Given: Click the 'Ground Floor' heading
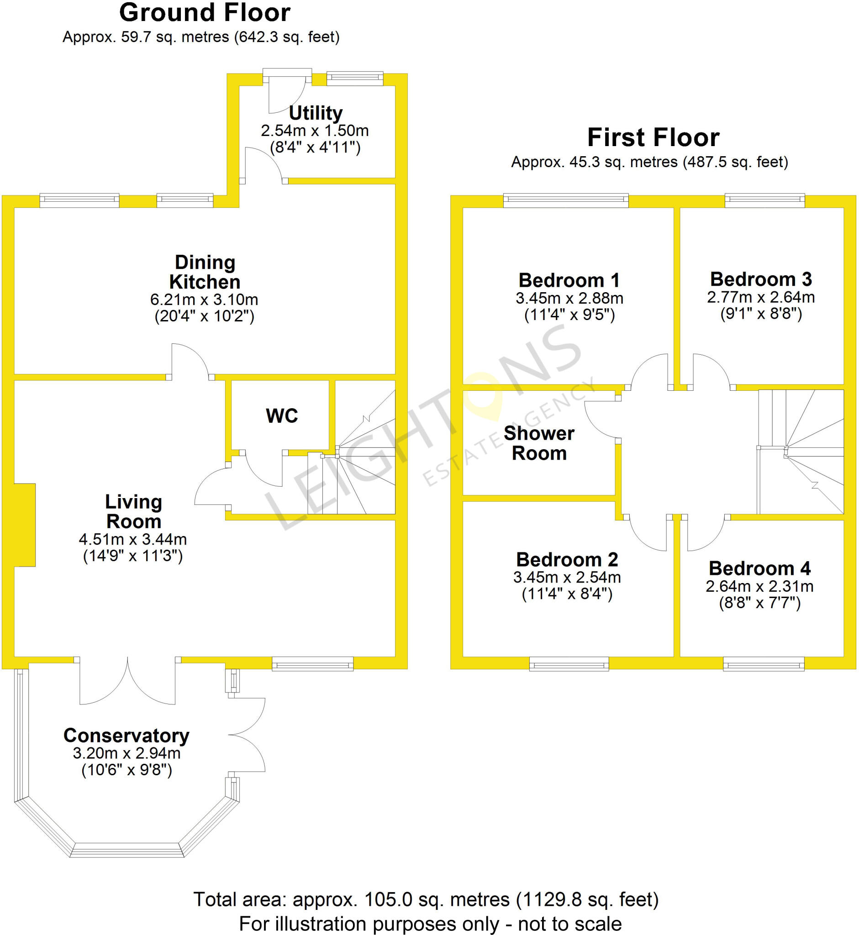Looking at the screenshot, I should (205, 13).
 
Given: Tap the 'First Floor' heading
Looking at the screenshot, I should (653, 137).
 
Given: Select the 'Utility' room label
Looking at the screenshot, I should (316, 113).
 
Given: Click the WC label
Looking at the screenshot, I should (282, 416).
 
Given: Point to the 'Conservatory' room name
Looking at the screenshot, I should (126, 735).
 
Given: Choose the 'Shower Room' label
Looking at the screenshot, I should (539, 443).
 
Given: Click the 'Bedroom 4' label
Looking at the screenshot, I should (759, 568).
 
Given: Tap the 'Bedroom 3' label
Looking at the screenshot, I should (761, 279).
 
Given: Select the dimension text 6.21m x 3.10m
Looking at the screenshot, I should (204, 300).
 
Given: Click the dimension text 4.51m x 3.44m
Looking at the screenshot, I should (133, 540).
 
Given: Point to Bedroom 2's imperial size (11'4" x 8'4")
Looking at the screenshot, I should (567, 594).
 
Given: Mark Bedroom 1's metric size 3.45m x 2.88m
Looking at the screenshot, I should (569, 298).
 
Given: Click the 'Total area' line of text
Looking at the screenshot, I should (426, 899).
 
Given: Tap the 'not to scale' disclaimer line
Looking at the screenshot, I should (430, 924).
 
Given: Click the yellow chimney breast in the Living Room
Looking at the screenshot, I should (25, 525).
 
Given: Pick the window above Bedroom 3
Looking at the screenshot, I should (764, 200).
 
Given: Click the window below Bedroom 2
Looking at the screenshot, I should (569, 664).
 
